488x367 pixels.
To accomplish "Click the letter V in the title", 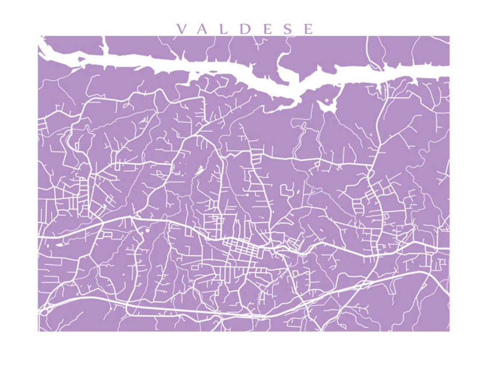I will pos(181,29).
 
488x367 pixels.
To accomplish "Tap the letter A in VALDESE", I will pos(203,29).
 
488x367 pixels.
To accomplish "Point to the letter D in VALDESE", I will pos(244,29).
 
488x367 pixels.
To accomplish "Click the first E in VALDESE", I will pos(265,29).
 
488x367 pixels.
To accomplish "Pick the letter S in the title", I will pos(286,29).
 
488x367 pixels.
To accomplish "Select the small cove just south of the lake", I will pos(328,105).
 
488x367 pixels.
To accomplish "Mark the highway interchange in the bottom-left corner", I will pos(46,308).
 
